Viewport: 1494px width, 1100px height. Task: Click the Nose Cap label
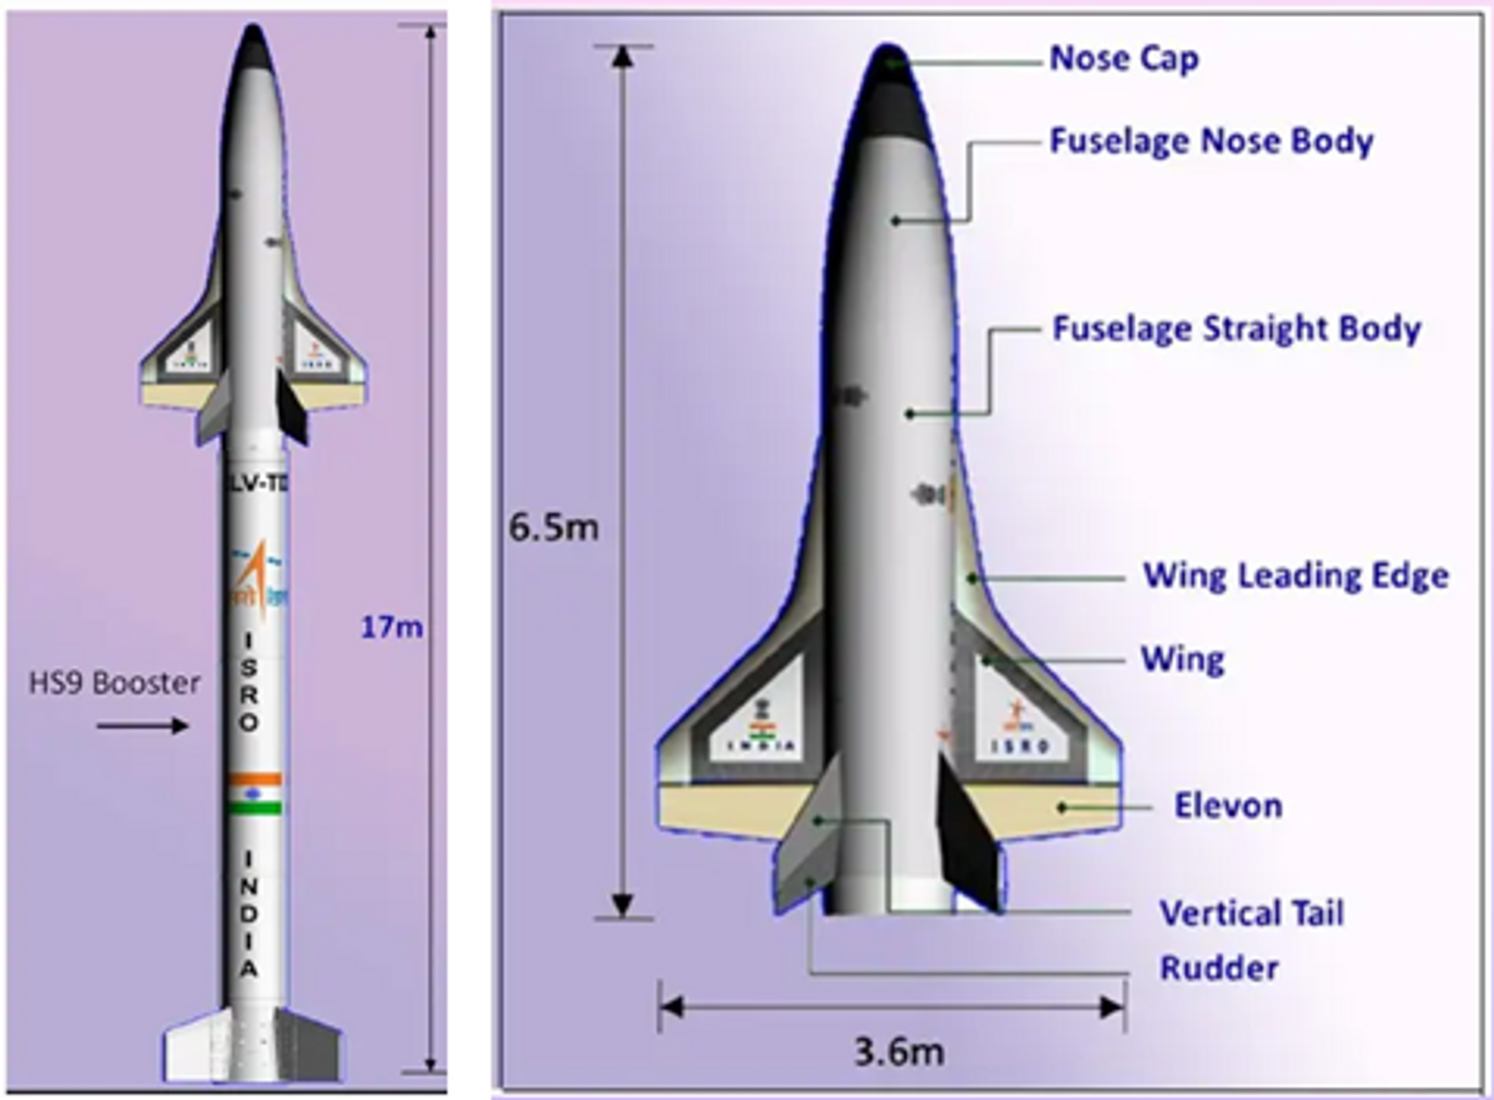pos(1124,59)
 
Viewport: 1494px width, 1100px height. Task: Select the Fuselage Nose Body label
pos(1211,142)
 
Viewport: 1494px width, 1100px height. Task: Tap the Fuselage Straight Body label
pos(1236,329)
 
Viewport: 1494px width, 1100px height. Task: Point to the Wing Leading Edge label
pos(1295,576)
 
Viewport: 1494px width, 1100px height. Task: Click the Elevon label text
pos(1228,806)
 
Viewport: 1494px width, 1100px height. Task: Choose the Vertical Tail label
pos(1251,913)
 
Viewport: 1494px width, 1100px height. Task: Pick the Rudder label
pos(1219,969)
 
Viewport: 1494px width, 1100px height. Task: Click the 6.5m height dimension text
pos(553,528)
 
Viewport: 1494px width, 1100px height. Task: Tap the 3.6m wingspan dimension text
pos(899,1053)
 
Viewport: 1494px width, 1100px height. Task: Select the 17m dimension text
pos(391,627)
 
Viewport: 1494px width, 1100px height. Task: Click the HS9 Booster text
pos(114,684)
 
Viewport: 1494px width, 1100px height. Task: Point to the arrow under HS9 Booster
pos(142,726)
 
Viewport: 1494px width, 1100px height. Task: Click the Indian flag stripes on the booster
pos(254,793)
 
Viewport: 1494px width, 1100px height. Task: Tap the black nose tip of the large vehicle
pos(889,78)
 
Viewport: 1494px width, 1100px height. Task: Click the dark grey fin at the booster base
pos(310,1046)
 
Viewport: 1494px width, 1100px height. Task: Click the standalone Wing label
pos(1182,660)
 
